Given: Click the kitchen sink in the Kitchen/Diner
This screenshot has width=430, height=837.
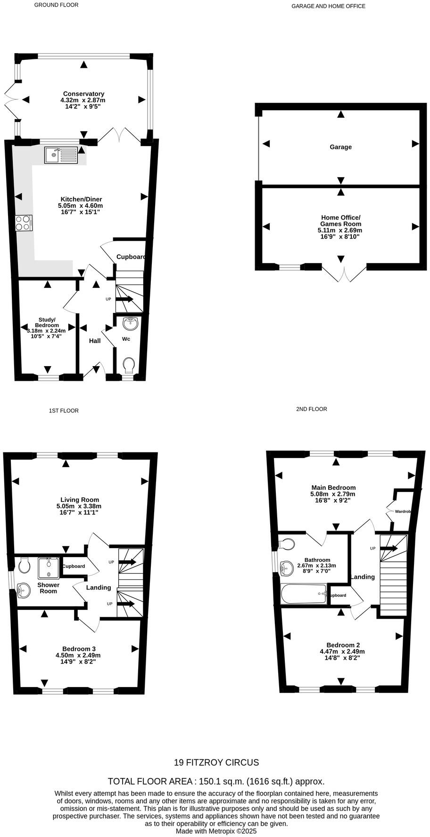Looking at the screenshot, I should click(61, 155).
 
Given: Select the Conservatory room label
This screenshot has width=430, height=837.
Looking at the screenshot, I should click(83, 94).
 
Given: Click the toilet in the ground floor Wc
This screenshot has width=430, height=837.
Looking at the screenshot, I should click(128, 365).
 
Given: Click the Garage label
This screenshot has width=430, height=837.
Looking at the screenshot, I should click(340, 147).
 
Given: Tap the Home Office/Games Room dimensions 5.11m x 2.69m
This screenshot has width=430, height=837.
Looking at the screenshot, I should click(340, 230).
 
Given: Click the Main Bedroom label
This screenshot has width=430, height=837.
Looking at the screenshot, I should click(333, 488).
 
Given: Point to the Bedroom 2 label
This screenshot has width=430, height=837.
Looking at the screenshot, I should click(343, 645).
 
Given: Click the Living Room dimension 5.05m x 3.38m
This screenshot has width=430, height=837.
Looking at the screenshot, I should click(79, 506).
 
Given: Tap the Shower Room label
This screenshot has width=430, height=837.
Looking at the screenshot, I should click(48, 588).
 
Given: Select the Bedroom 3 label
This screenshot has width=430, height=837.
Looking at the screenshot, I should click(79, 649).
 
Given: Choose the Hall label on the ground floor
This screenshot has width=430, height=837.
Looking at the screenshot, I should click(95, 341).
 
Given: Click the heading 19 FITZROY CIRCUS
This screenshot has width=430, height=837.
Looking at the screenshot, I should click(216, 763).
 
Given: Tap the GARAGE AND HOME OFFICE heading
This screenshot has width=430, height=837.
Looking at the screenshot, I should click(328, 6).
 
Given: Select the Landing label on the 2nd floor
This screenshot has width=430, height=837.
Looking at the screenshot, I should click(363, 577).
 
